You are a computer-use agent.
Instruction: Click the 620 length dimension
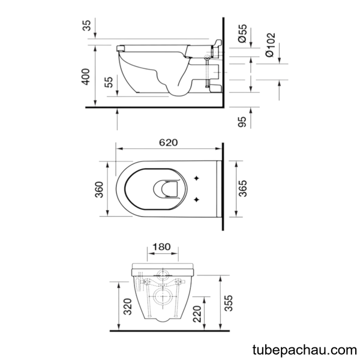tap(168, 143)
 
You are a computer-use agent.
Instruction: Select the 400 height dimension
tap(86, 77)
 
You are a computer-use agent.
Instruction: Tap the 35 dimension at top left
tap(87, 25)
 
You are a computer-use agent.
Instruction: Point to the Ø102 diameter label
tap(270, 45)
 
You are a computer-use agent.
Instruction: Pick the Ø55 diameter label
tap(242, 33)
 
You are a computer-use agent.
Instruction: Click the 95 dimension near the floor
tap(242, 121)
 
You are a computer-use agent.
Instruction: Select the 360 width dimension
tap(100, 190)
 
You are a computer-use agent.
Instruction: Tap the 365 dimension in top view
tap(242, 188)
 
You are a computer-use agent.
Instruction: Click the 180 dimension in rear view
tap(161, 247)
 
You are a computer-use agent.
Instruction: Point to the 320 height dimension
tap(128, 307)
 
